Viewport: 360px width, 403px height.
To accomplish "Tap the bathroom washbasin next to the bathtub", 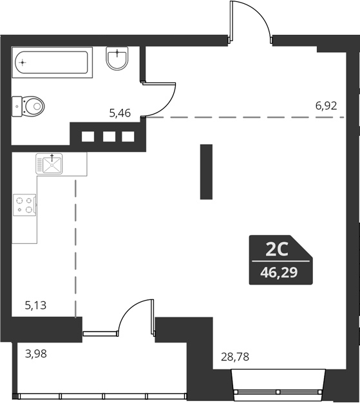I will click(x=118, y=60).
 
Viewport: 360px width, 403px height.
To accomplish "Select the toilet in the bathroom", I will click(x=29, y=105).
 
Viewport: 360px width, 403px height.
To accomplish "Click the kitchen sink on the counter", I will click(x=50, y=164).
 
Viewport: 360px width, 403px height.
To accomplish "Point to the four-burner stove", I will click(x=25, y=205).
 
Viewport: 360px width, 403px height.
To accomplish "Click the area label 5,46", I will click(x=120, y=113).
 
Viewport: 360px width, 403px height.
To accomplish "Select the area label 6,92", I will click(x=326, y=106).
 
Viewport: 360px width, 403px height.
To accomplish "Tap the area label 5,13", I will click(x=36, y=306).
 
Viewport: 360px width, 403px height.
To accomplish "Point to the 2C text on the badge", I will click(x=277, y=248).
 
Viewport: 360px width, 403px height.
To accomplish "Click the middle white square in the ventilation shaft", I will click(x=108, y=136).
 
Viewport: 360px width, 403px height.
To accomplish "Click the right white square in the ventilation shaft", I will click(x=128, y=136).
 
